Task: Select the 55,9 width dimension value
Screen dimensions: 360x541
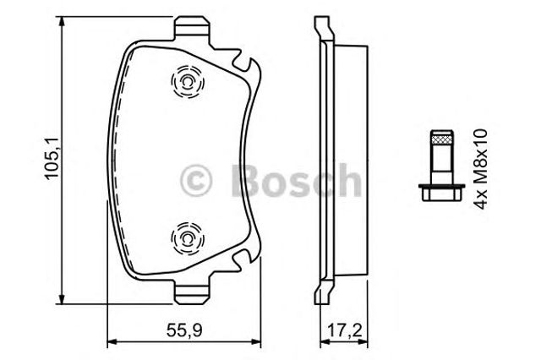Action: pos(178,331)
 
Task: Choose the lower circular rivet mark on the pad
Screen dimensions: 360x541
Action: pos(185,237)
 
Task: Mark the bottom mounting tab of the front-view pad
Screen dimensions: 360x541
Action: pos(193,291)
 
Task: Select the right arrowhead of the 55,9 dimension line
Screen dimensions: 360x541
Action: pos(262,343)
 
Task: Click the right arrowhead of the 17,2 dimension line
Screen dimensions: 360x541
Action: pos(366,343)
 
